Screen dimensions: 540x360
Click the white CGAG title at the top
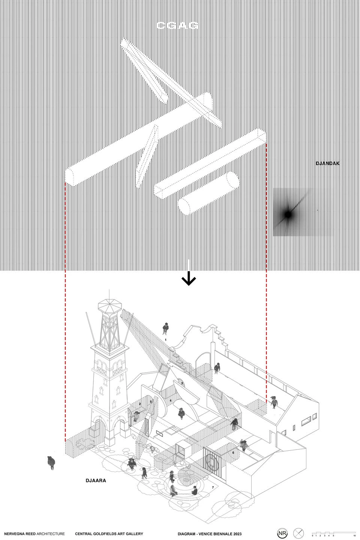[177, 25]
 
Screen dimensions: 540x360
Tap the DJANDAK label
[327, 163]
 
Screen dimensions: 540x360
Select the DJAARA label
[96, 480]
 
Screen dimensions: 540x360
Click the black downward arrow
[189, 279]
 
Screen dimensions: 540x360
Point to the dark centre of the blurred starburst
[288, 214]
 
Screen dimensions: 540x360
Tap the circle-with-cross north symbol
[298, 533]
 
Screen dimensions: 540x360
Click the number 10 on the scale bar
[354, 536]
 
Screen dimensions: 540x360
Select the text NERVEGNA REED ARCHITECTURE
[34, 534]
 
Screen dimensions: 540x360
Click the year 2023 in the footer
[236, 534]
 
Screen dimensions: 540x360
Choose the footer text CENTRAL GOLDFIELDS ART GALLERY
[109, 534]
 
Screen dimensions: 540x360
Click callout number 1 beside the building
[165, 340]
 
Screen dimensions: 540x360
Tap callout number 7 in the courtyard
[213, 487]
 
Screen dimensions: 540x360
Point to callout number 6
[233, 453]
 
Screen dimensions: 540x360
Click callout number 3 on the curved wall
[182, 383]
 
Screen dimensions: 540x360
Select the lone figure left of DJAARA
[51, 462]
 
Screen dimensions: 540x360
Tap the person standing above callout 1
[165, 328]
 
